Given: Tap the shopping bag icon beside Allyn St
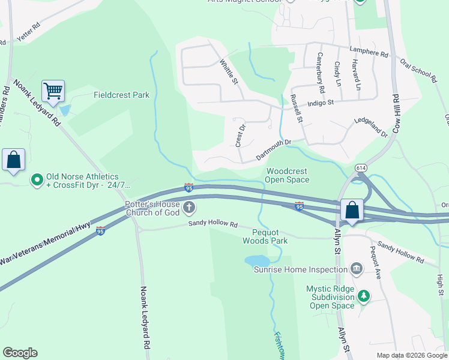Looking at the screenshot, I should pos(352,211).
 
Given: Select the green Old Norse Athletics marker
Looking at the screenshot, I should pos(37,179).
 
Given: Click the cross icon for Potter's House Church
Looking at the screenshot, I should pos(189,208).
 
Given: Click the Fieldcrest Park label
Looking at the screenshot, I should pos(121,95).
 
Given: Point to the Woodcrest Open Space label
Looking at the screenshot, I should pos(288,175).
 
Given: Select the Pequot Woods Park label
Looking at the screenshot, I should pos(265,236).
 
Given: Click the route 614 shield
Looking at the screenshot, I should pos(361,167).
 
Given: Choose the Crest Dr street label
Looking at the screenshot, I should pos(240,136).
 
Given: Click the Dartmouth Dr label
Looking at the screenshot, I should pos(273,150).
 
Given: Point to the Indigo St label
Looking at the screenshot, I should pos(320,103).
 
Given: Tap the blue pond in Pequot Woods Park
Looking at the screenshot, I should pos(256,260).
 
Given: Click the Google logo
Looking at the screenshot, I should pos(20,353).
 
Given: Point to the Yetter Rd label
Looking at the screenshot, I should pos(28,33).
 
